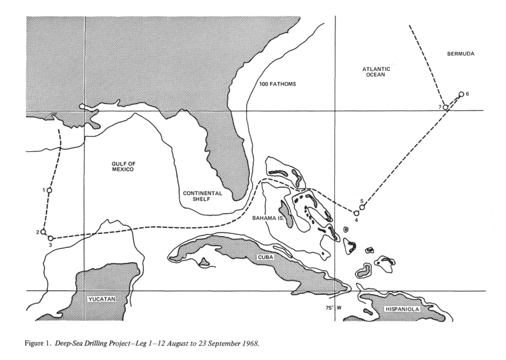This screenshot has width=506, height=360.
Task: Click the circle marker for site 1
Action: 49,190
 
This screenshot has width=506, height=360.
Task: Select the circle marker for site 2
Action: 43,231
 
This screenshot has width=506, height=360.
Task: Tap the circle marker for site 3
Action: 50,238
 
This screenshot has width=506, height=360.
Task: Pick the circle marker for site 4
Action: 356,213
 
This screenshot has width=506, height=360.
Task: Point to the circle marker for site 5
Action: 362,207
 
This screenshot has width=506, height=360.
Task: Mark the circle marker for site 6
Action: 461,94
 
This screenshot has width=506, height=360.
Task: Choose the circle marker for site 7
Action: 445,107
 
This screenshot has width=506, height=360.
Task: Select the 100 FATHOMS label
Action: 278,84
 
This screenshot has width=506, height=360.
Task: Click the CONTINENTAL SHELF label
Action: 203,196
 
